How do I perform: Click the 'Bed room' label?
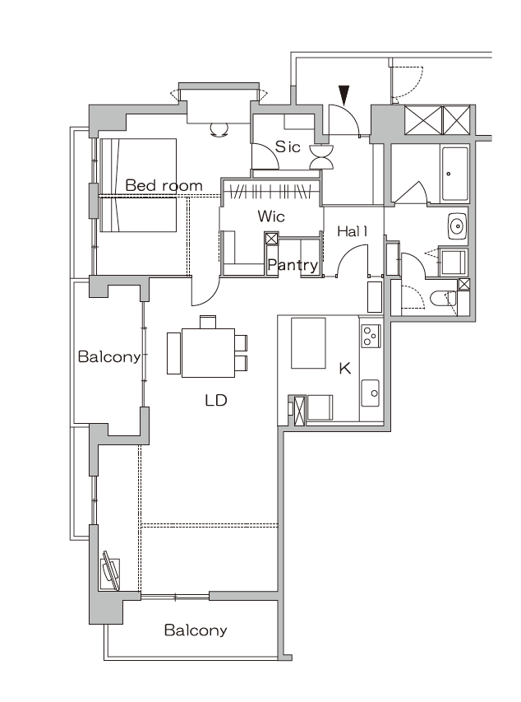pos(163,186)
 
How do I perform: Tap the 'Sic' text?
pos(288,147)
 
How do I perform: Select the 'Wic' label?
pos(270,216)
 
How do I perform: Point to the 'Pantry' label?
pos(292,265)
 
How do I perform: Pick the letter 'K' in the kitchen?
pos(345,368)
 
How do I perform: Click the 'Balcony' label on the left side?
pos(108,356)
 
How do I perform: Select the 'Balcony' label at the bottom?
pos(195,630)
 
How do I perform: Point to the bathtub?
pos(454,174)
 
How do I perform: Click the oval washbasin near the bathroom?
pos(457,225)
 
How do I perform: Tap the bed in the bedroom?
pos(139,185)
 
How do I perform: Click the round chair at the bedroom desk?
pos(219,128)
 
